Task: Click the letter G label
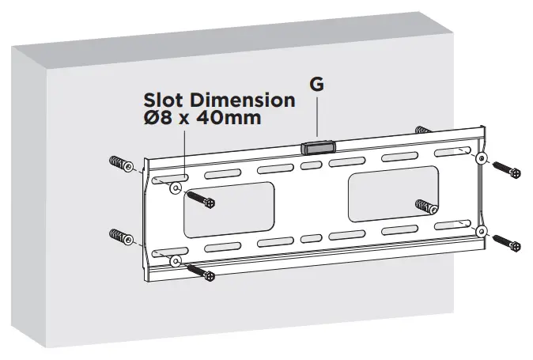316,84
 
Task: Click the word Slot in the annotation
164,101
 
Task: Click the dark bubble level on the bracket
318,148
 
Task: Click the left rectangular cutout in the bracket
229,208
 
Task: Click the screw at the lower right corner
506,241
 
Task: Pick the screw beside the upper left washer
204,200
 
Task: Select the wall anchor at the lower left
121,237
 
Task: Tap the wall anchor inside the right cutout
427,207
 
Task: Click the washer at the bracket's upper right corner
482,159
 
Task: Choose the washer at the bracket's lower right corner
483,231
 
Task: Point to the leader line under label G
316,119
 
